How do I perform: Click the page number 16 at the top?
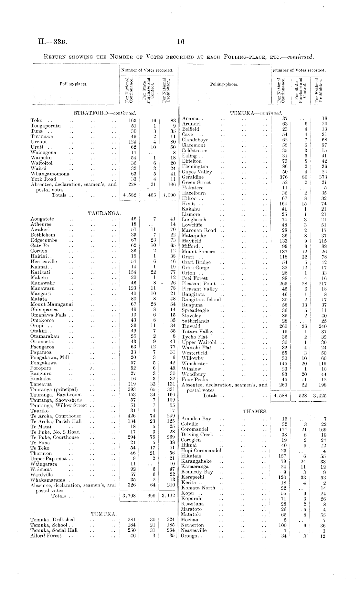tap(180, 42)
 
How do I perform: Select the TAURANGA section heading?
tap(104, 213)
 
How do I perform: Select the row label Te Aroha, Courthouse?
tap(56, 416)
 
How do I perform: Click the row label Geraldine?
tap(193, 177)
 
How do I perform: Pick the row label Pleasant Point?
tap(199, 284)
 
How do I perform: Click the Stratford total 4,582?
tap(130, 195)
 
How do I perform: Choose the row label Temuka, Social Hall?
tap(54, 530)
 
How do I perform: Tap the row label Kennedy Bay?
tap(197, 472)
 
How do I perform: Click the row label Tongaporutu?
tap(46, 126)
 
